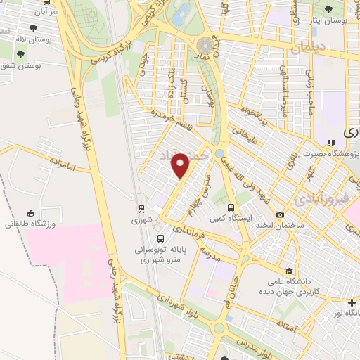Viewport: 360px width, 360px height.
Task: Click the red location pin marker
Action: point(181,166)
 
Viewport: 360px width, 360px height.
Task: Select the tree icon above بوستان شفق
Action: point(20,53)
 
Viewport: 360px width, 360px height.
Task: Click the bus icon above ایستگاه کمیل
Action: point(231,207)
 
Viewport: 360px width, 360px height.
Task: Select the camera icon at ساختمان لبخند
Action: point(281,214)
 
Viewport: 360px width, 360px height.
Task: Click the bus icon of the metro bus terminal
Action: point(162,238)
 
